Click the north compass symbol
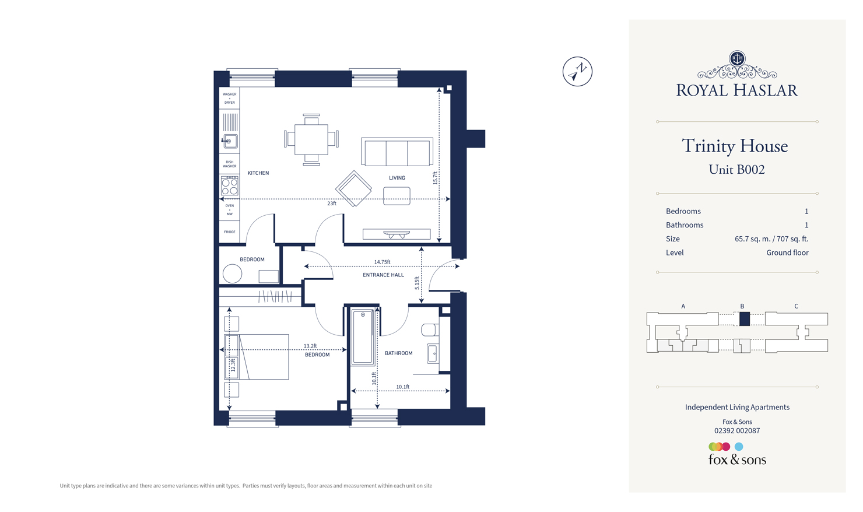point(577,72)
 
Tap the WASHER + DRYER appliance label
point(230,98)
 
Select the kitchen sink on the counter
point(230,141)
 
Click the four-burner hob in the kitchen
point(230,186)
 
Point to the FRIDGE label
point(230,232)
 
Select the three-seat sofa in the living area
point(397,152)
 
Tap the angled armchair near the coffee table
point(353,188)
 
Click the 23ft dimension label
point(331,204)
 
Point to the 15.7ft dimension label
point(435,178)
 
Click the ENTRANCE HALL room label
point(383,275)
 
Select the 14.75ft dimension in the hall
point(382,262)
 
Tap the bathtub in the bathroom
point(362,337)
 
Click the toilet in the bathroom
point(430,331)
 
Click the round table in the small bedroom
point(232,273)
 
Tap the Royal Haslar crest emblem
point(737,59)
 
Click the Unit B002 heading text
point(736,170)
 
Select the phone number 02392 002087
point(737,431)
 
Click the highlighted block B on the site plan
point(744,319)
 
